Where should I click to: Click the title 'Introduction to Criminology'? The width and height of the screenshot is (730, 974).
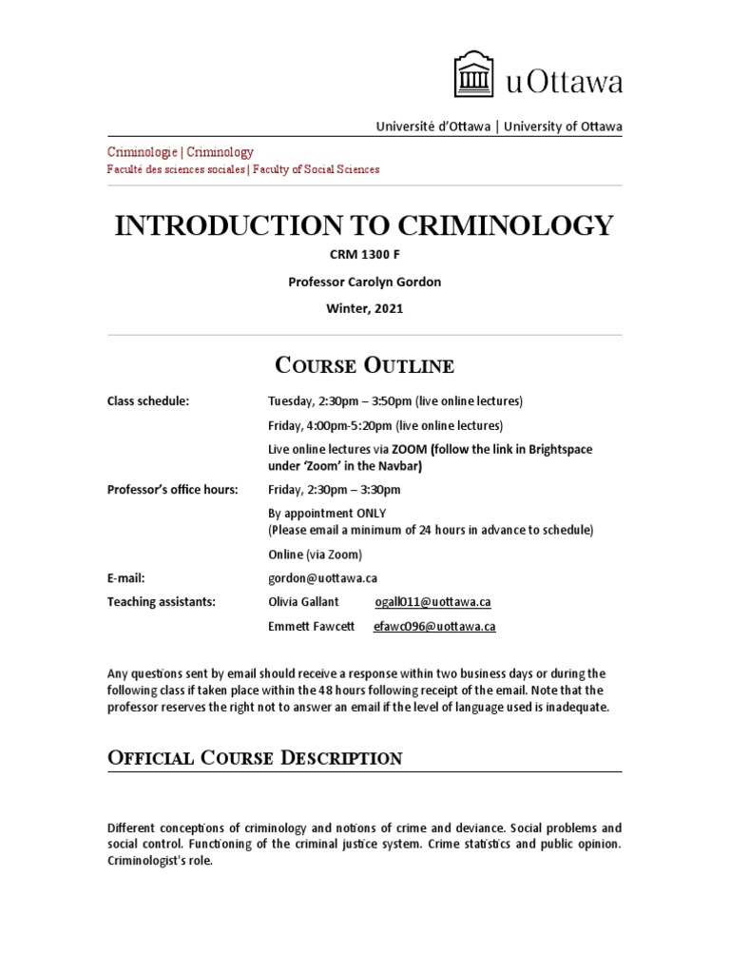[x=364, y=225]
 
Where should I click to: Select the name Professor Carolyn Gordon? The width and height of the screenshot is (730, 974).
[x=364, y=283]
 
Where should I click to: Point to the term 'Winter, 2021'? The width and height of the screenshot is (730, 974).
[x=364, y=308]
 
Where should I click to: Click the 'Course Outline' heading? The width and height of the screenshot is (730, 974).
[x=364, y=365]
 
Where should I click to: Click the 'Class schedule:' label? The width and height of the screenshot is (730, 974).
[x=148, y=400]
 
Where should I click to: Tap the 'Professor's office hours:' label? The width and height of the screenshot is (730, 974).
[x=172, y=489]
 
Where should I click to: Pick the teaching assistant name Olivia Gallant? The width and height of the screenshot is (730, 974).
[x=304, y=602]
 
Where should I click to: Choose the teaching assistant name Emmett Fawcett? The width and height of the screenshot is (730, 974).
[x=311, y=627]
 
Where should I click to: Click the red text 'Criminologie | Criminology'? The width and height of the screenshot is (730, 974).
[x=180, y=152]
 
